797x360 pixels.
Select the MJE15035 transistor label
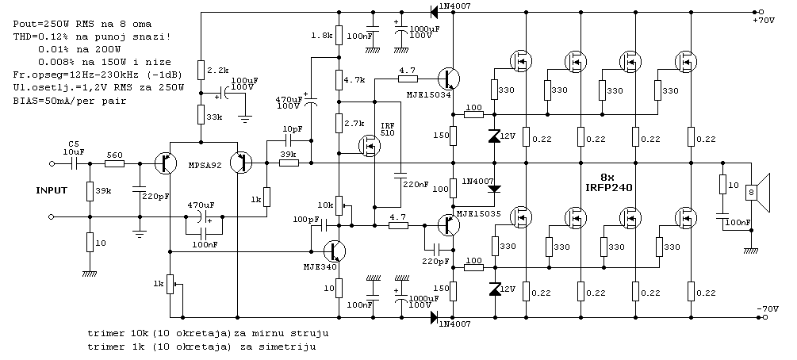477,214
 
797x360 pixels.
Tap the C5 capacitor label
74,144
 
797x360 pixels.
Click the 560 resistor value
113,155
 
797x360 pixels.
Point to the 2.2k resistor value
218,71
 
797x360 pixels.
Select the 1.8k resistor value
321,36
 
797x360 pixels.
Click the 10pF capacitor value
292,128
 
